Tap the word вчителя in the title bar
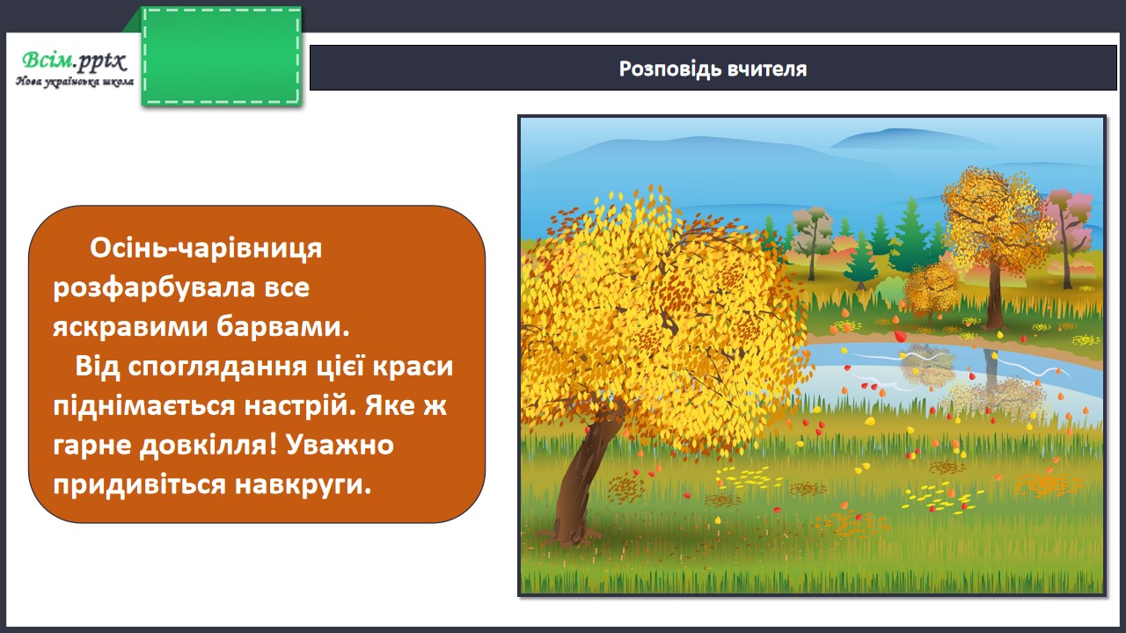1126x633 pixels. click(x=767, y=69)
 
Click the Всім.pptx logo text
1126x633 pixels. click(x=74, y=61)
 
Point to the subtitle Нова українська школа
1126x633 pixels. click(x=75, y=82)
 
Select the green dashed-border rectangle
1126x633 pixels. click(x=222, y=56)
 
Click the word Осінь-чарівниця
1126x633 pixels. click(x=206, y=248)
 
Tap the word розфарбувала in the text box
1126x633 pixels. click(x=154, y=287)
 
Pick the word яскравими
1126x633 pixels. click(x=131, y=327)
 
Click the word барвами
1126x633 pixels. click(x=283, y=326)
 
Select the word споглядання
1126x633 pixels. click(x=217, y=367)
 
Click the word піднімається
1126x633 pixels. click(x=144, y=406)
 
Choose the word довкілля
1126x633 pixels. click(x=208, y=445)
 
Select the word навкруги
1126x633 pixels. click(x=303, y=485)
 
